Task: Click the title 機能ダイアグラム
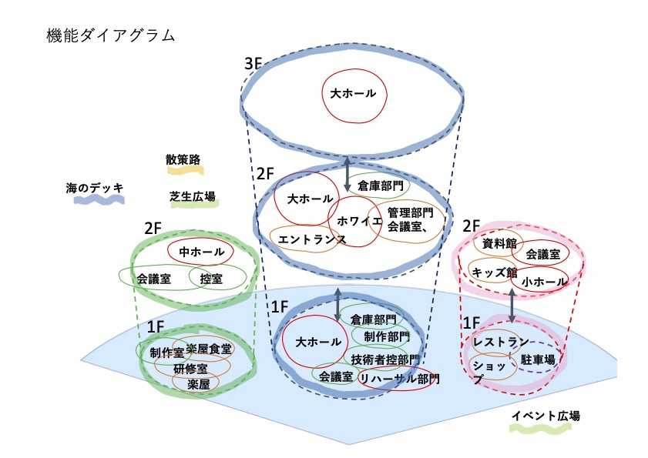(x=111, y=35)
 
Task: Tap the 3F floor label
(x=254, y=64)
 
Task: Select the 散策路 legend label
(x=183, y=160)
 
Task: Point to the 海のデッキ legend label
(x=95, y=187)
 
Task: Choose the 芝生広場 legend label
(x=192, y=196)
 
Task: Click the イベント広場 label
(x=546, y=416)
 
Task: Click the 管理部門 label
(x=411, y=212)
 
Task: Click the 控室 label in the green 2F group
(x=211, y=278)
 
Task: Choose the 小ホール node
(x=543, y=282)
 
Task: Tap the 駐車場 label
(x=538, y=359)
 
